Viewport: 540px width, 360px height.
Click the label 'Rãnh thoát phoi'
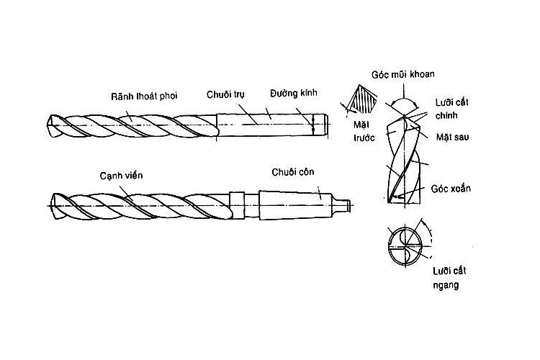pyautogui.click(x=145, y=96)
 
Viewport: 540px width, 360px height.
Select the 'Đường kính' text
pyautogui.click(x=293, y=94)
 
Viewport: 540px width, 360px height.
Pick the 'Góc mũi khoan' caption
pyautogui.click(x=402, y=74)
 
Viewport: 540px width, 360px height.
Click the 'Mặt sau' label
pyautogui.click(x=453, y=137)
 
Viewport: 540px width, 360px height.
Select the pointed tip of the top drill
pyautogui.click(x=48, y=125)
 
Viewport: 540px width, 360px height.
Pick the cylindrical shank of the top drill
pyautogui.click(x=270, y=123)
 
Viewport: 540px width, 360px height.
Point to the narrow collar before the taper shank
pyautogui.click(x=234, y=201)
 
